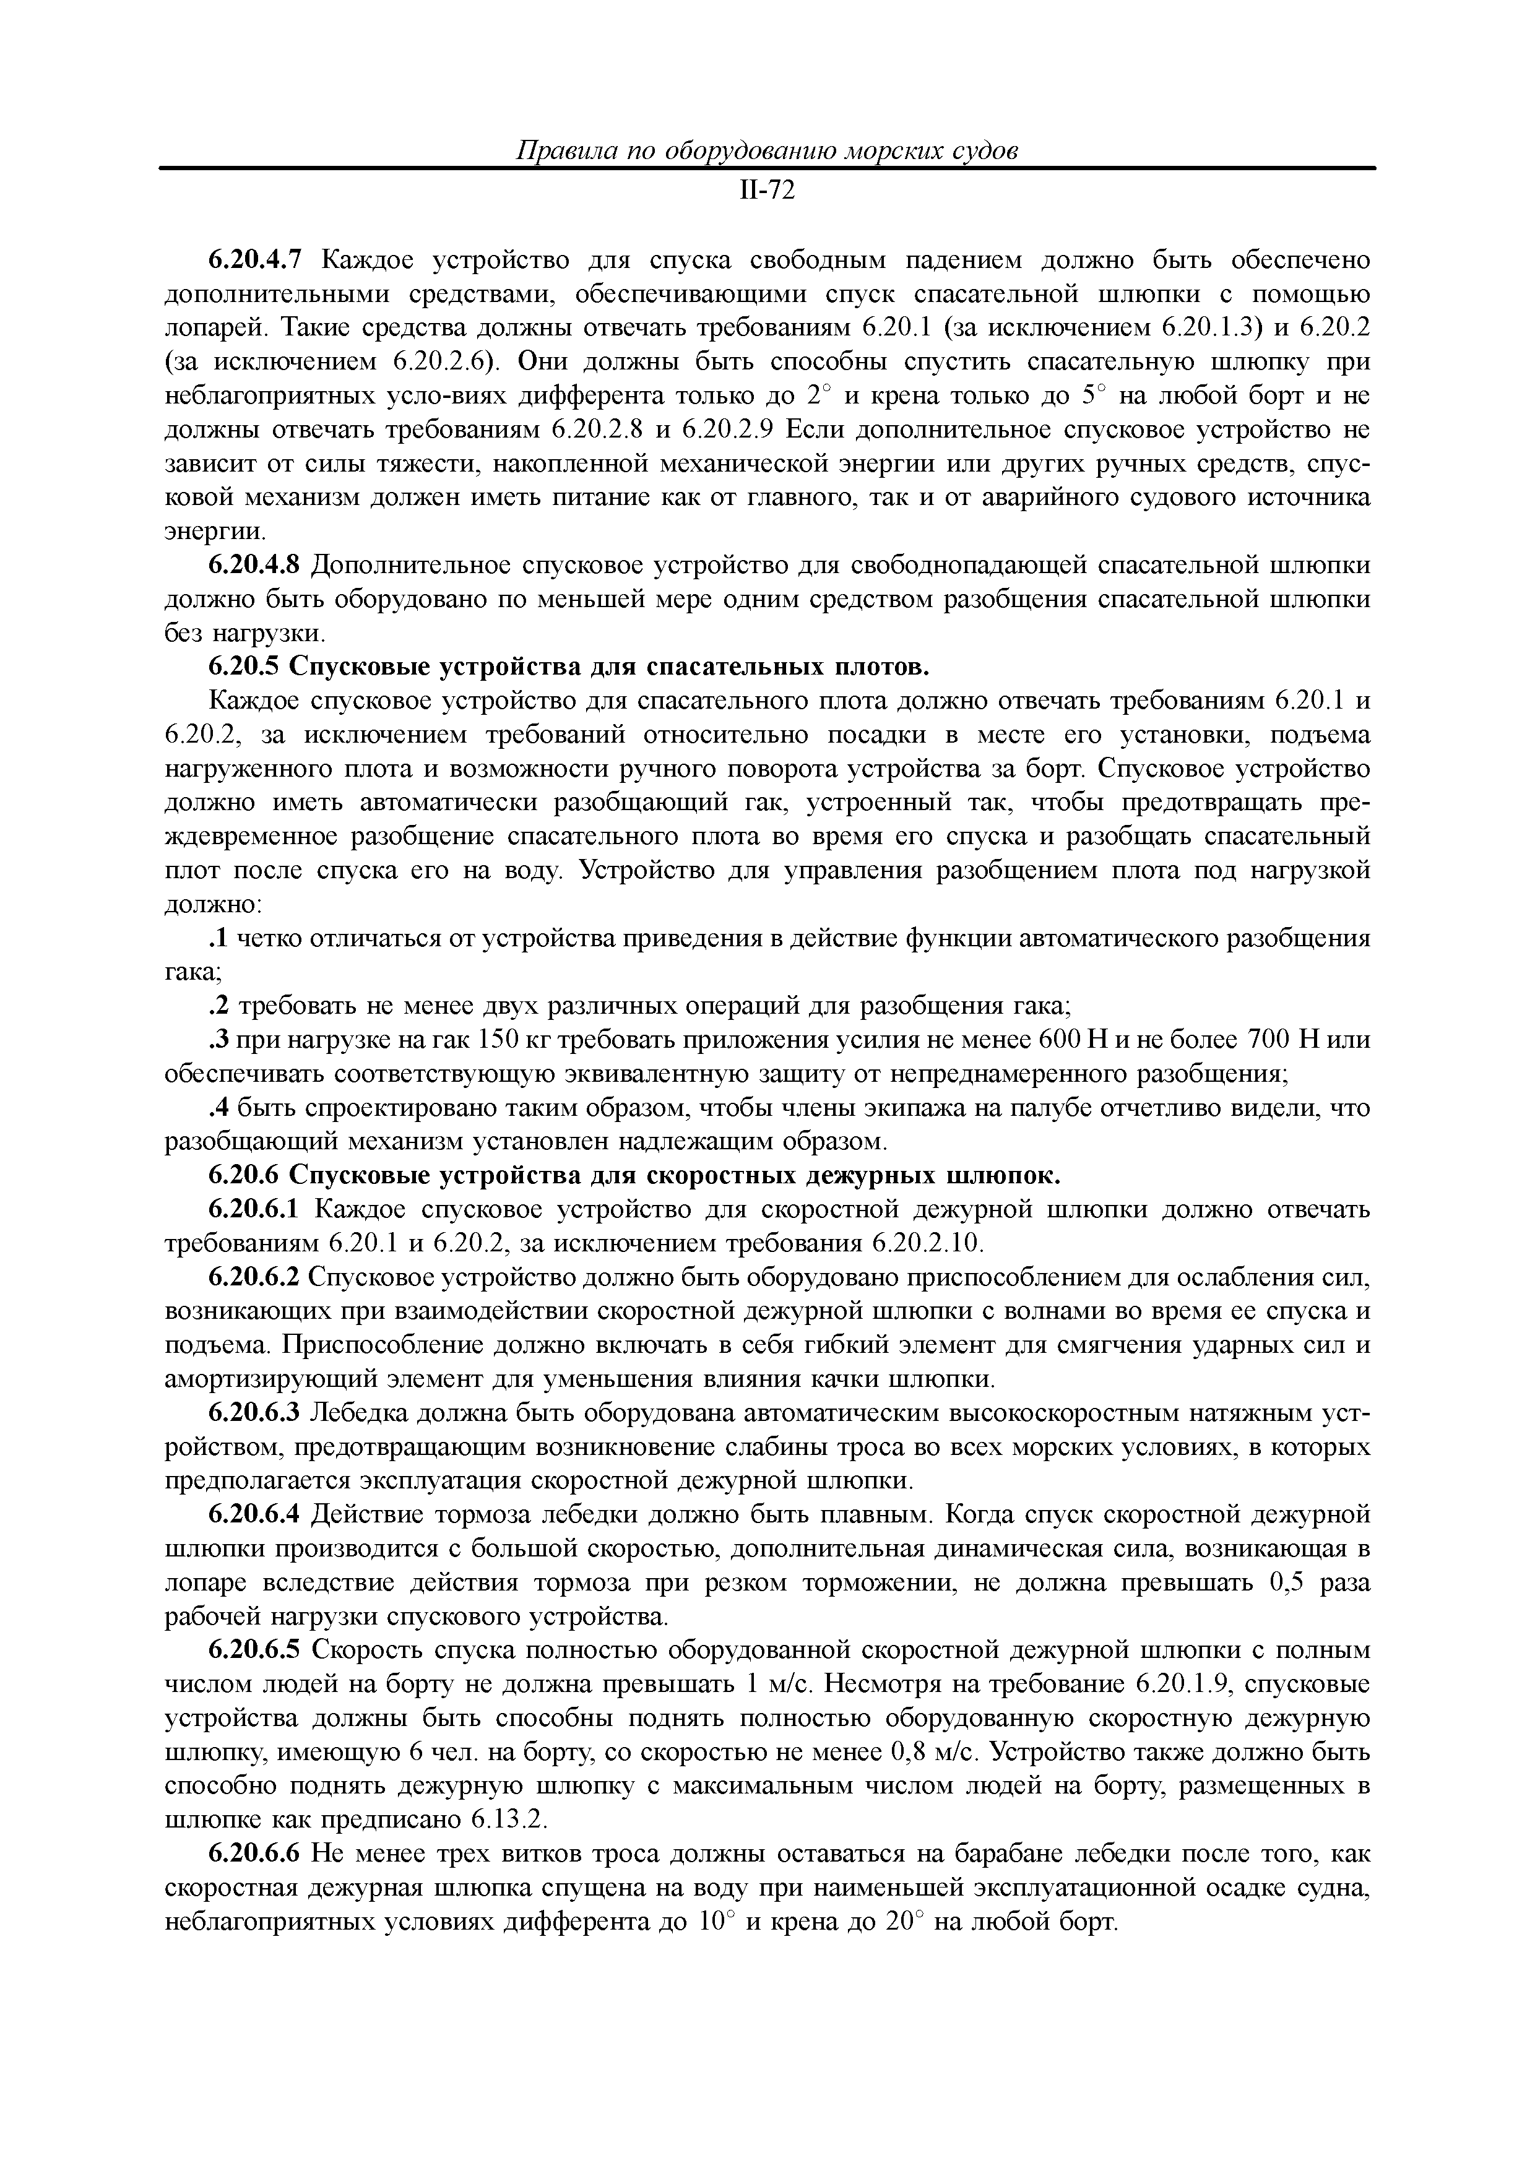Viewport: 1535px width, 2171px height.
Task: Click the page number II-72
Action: (766, 191)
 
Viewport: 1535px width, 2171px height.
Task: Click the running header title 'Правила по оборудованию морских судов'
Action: (766, 151)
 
